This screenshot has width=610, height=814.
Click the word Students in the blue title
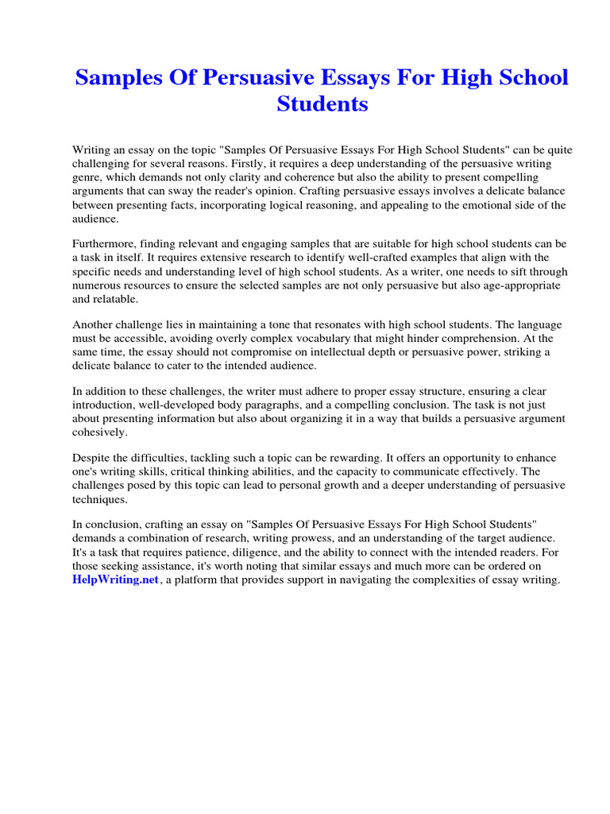322,103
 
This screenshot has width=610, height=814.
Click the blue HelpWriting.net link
116,580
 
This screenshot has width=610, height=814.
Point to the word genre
88,177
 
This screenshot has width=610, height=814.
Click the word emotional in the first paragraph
469,205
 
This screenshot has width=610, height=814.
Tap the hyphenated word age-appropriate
512,285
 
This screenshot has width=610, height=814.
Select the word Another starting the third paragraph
94,324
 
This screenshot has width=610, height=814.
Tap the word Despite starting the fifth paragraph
92,459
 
